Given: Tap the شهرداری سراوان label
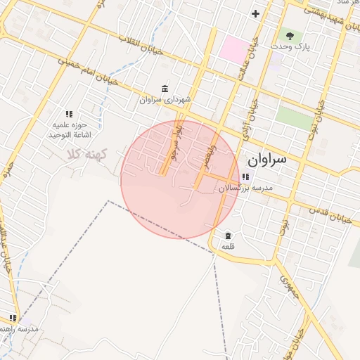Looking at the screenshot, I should click(165, 100).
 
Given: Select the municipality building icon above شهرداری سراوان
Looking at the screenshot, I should click(165, 88).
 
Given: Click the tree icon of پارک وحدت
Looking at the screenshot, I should click(288, 34).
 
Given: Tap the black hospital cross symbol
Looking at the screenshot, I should click(255, 13).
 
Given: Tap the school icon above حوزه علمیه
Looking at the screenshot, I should click(69, 113).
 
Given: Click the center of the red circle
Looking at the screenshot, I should click(180, 179).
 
